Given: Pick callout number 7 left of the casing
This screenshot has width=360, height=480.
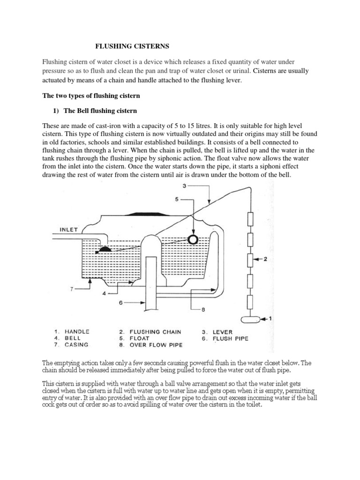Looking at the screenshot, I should pyautogui.click(x=72, y=289).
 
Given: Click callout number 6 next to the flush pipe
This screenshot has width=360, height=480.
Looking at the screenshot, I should pyautogui.click(x=120, y=303).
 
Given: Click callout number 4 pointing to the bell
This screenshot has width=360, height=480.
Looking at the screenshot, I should pyautogui.click(x=105, y=293).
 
